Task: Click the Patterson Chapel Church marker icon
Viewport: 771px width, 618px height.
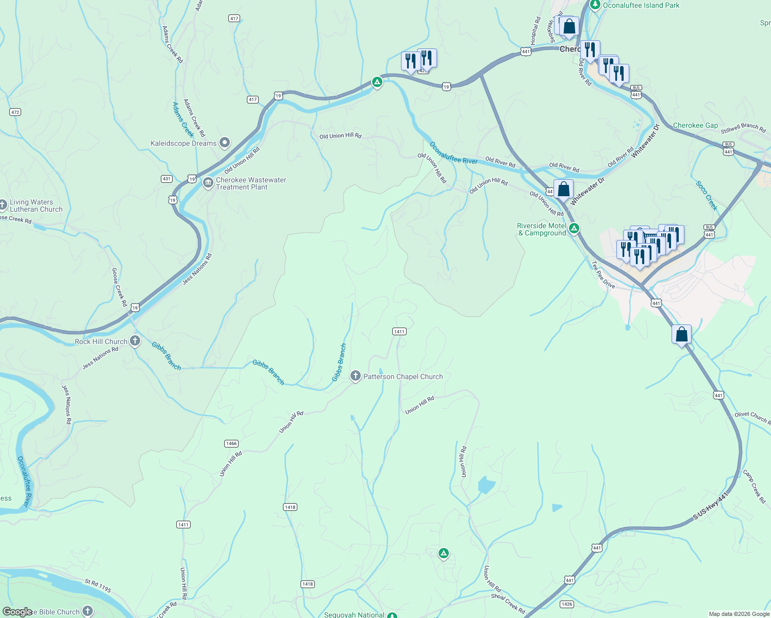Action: pos(355,376)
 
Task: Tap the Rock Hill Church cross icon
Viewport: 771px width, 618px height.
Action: pos(135,341)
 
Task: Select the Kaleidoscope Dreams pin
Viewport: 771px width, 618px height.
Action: pos(224,143)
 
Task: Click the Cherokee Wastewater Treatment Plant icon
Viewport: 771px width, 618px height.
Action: pos(208,183)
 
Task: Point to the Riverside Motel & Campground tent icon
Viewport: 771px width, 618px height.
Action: pos(574,228)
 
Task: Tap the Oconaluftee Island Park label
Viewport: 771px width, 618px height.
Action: pos(641,5)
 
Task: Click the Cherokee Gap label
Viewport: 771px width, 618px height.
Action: pos(695,125)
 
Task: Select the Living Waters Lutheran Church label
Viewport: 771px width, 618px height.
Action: pos(36,205)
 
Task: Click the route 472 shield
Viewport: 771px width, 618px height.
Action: pos(15,112)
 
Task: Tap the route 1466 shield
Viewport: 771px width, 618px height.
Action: pos(231,443)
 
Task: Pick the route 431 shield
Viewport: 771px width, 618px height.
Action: pos(166,179)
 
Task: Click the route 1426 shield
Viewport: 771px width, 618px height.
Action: pos(566,604)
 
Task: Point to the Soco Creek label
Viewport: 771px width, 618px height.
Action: pos(706,195)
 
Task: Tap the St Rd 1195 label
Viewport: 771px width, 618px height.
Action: pos(98,586)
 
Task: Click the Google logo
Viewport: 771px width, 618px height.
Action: pos(17,612)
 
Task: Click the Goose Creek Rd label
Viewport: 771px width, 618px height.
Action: pos(119,287)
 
